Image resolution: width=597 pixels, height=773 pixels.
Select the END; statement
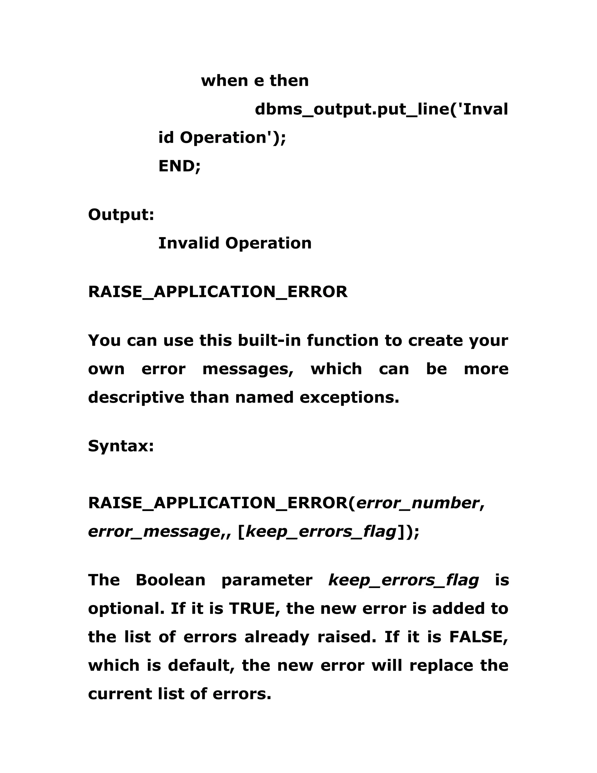[179, 166]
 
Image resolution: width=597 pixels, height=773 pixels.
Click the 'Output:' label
[121, 214]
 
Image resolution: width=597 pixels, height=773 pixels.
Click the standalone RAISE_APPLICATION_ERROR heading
[217, 292]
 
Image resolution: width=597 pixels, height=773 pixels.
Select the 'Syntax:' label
[121, 446]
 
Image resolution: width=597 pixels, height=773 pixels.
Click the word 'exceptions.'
[350, 398]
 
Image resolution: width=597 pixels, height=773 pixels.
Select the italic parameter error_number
[417, 503]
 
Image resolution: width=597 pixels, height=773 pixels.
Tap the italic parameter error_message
[154, 531]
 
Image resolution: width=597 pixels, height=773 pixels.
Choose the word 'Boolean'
[171, 580]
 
